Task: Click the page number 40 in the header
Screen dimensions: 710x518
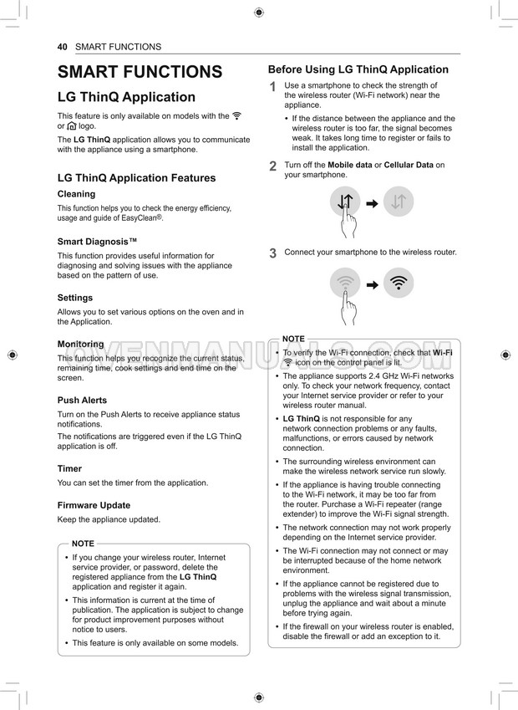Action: [62, 47]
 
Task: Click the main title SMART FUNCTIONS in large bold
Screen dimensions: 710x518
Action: [140, 72]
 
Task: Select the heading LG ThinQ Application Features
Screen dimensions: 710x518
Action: [136, 178]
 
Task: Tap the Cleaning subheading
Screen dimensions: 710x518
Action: [76, 194]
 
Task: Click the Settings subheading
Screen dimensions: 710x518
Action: [75, 298]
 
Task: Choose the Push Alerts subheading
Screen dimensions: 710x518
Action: [82, 401]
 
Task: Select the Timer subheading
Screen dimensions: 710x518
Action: [69, 469]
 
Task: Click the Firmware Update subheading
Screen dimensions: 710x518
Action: [94, 505]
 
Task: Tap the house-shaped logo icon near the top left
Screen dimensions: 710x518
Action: [72, 126]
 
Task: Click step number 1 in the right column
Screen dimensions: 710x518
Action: [272, 88]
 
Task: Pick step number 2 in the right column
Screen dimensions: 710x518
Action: [272, 166]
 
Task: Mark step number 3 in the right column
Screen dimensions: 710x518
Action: [272, 253]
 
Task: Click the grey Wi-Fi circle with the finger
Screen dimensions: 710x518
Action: [345, 283]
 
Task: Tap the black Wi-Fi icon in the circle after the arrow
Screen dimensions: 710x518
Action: [400, 283]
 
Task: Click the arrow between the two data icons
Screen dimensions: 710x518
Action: [373, 202]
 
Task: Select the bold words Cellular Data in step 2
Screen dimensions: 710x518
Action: [409, 165]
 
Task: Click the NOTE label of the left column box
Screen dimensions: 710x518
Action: [84, 544]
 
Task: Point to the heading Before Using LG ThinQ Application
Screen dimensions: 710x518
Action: [358, 70]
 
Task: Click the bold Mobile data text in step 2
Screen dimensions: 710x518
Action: [349, 165]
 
